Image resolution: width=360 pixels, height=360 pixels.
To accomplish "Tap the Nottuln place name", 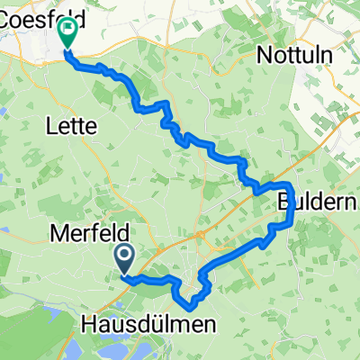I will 294,55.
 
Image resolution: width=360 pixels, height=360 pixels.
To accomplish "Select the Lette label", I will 70,128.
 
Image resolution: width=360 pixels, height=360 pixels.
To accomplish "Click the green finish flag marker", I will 67,34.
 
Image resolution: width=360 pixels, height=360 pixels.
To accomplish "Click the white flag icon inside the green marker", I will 67,31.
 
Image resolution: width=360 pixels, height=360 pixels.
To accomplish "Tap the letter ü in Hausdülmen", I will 157,324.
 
